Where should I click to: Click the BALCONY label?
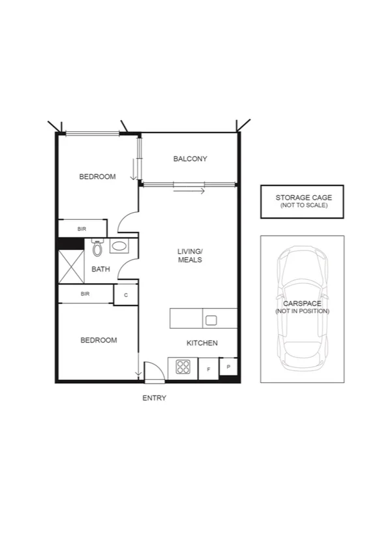190,159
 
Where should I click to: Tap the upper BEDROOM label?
97,177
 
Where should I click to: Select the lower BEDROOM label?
98,340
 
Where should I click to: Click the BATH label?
100,269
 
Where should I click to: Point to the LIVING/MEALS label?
190,255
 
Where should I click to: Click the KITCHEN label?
202,343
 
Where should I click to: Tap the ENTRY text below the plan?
154,398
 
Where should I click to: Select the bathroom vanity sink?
119,247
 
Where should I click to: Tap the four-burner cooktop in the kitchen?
183,367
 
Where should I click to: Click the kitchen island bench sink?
211,320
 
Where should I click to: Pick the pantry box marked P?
228,367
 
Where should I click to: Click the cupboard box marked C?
125,295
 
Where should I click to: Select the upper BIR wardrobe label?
82,229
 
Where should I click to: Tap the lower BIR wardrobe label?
85,294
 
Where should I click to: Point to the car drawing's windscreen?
302,287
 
